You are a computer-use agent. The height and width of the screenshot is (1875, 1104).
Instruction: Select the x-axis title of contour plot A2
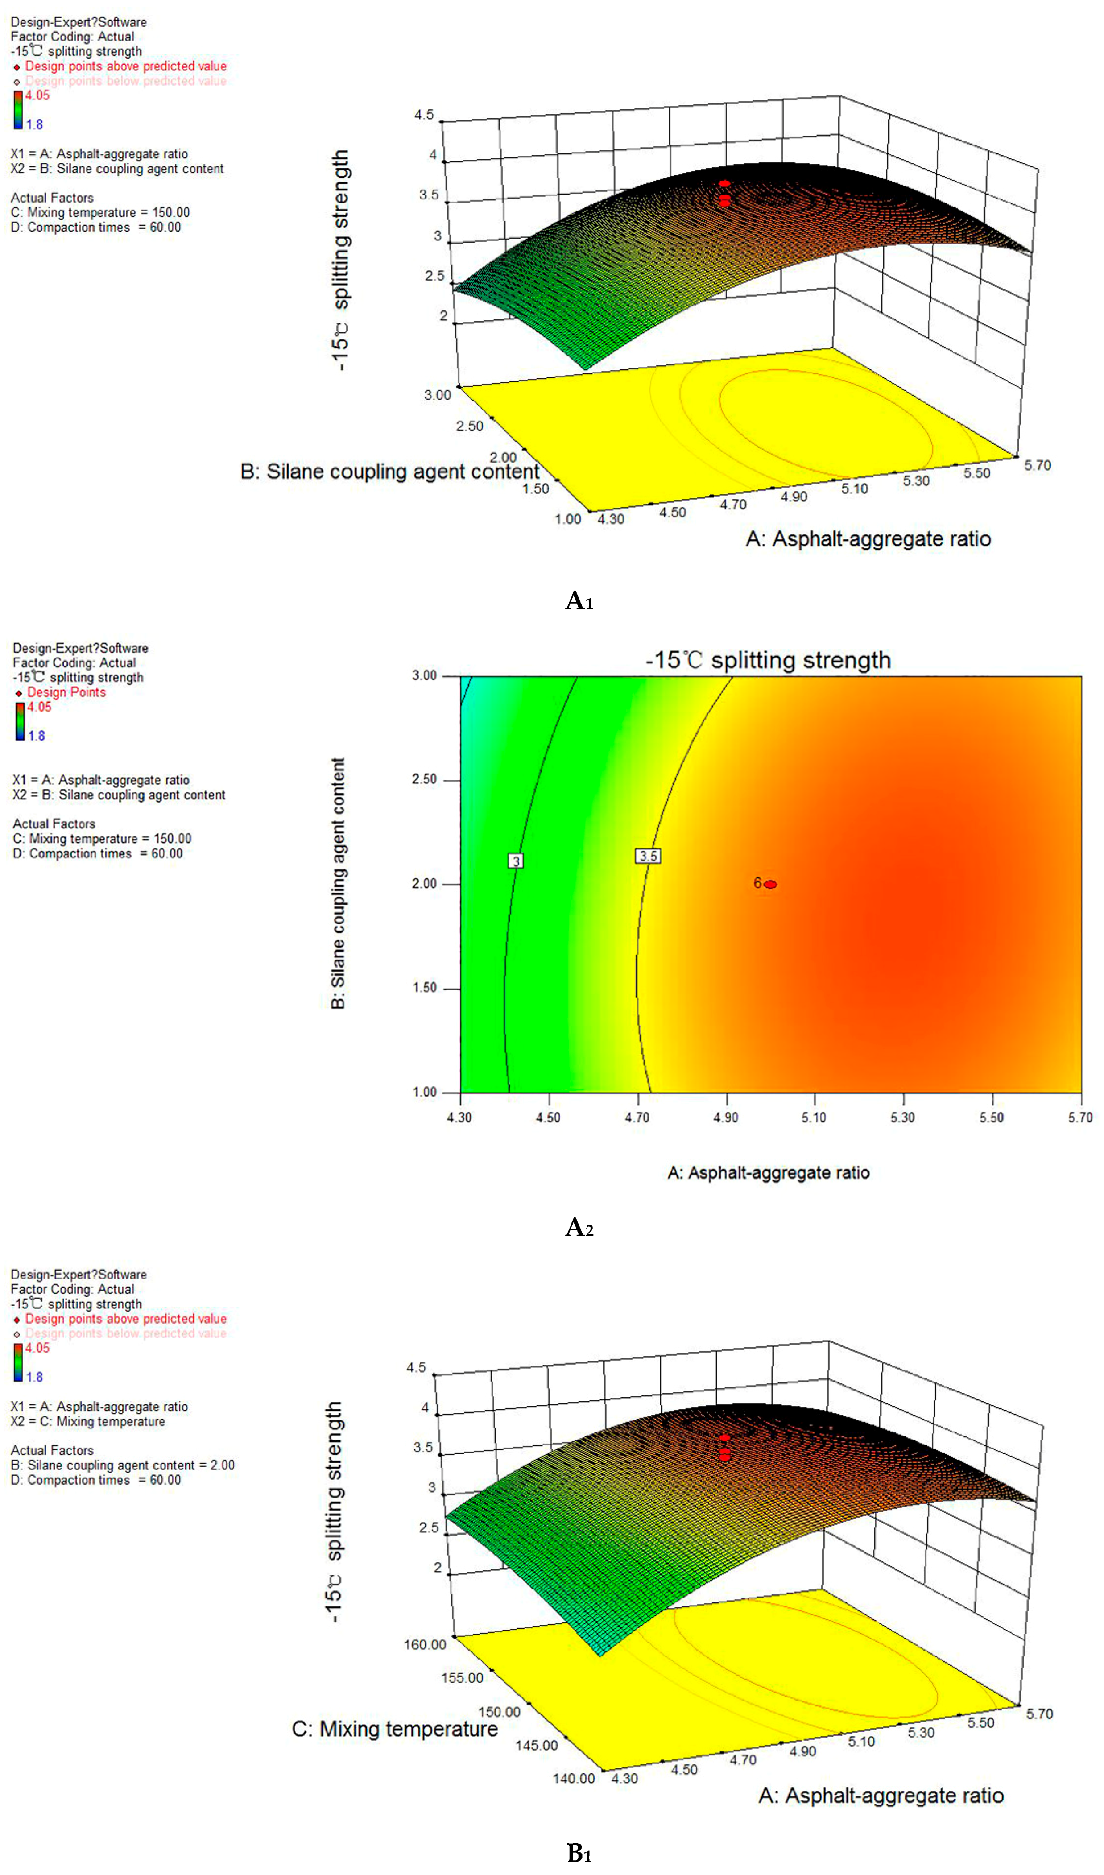point(768,1173)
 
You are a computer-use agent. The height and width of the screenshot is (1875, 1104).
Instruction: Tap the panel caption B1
point(579,1853)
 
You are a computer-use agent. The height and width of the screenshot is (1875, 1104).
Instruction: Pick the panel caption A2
point(579,1227)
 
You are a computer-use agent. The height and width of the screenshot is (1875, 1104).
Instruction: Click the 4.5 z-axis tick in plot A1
point(424,115)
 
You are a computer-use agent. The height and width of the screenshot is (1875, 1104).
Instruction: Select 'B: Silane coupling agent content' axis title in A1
point(389,472)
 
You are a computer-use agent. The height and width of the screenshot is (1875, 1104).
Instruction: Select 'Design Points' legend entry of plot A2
point(66,692)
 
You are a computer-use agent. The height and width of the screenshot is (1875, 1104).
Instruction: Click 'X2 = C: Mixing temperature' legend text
point(88,1421)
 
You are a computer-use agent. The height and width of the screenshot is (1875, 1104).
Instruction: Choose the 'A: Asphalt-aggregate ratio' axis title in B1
point(881,1796)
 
